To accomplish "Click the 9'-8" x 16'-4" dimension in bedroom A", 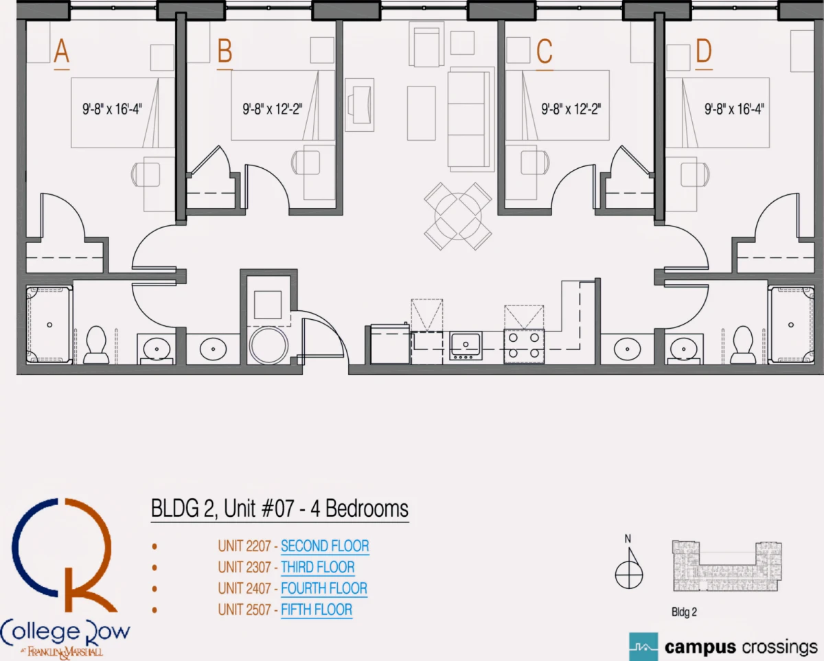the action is tap(112, 109).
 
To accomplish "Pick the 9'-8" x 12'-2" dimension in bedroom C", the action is tap(571, 109).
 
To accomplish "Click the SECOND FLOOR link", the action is tap(325, 546).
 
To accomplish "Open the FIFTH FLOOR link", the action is tap(317, 610).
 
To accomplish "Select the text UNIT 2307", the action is tap(244, 567).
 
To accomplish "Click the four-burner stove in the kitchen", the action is tap(524, 346).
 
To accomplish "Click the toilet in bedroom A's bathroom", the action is tap(96, 345).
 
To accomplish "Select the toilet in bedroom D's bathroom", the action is tap(743, 345).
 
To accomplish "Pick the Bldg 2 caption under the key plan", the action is tap(684, 612).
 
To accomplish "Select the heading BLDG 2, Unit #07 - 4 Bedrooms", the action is tap(280, 509).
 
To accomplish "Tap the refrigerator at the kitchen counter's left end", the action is tap(390, 344).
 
